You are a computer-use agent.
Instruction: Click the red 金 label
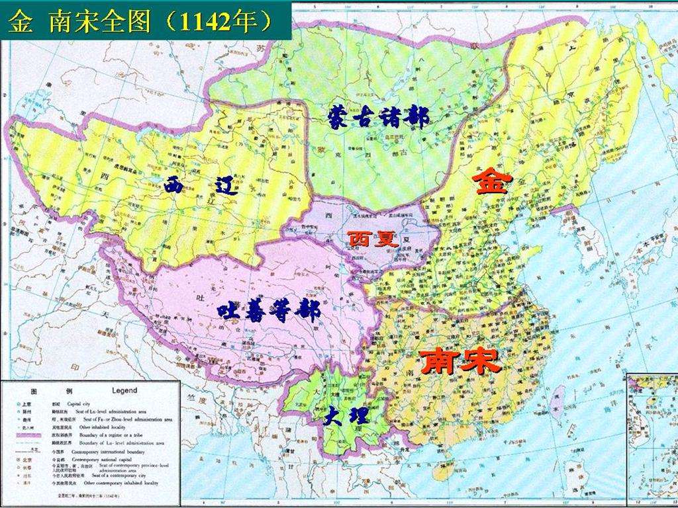click(x=491, y=181)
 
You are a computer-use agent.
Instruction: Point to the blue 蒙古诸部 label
click(x=378, y=117)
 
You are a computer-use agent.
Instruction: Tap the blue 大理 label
click(x=345, y=417)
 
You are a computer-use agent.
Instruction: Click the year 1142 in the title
click(x=207, y=21)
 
